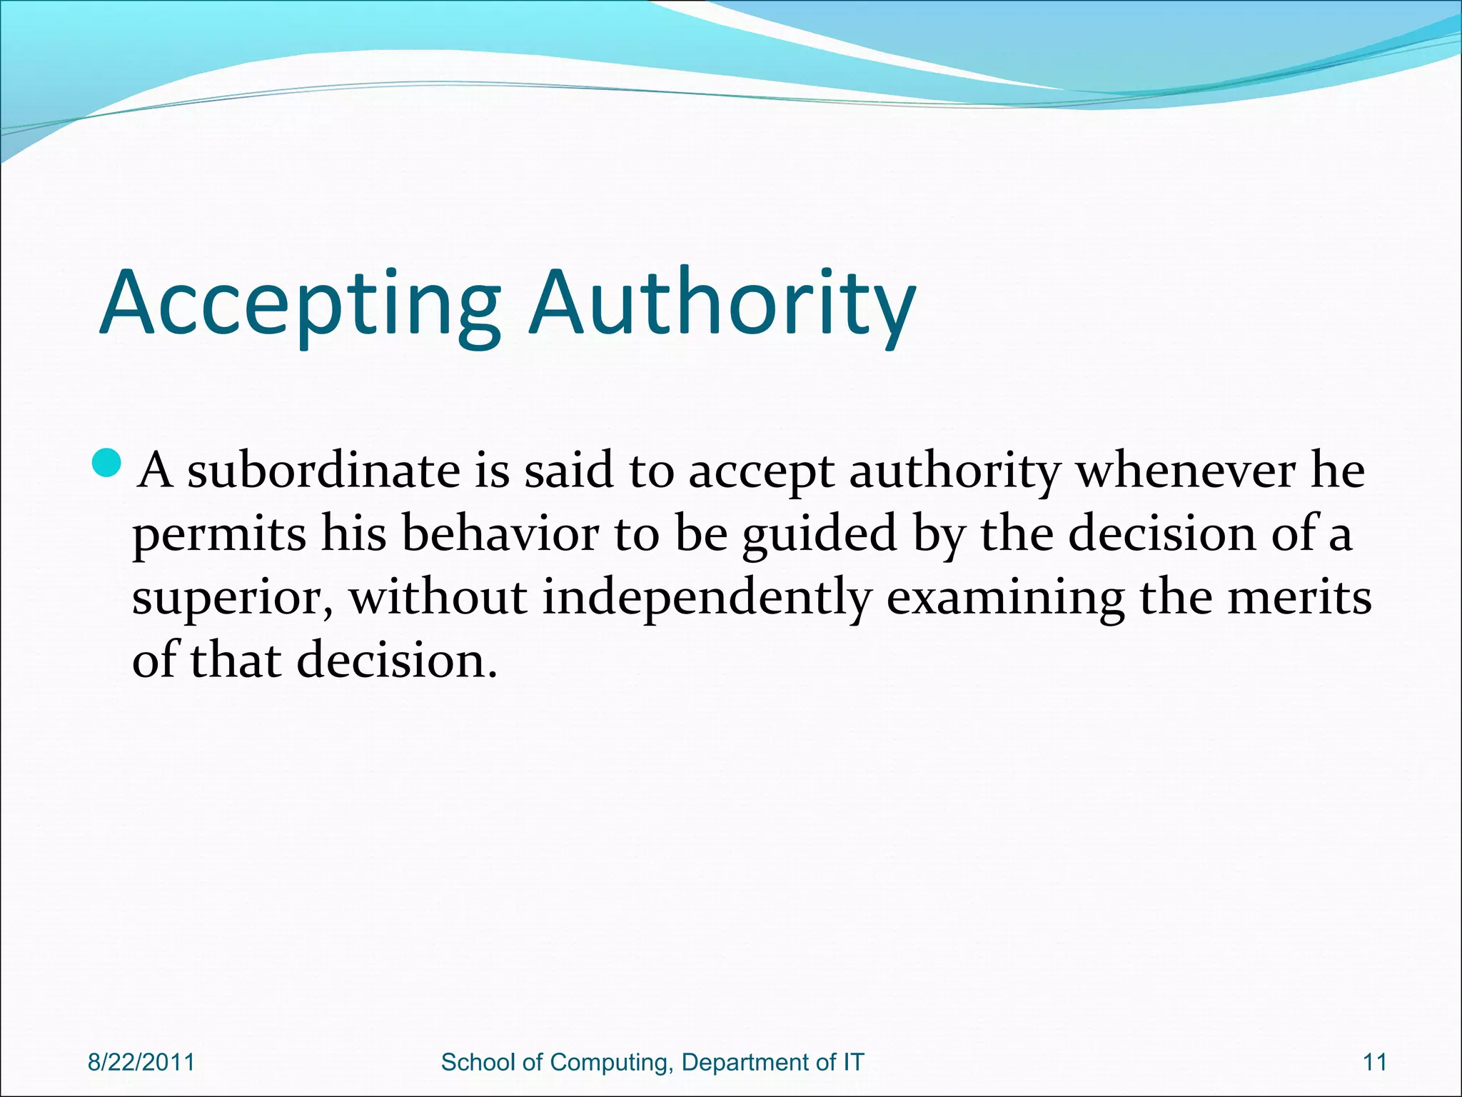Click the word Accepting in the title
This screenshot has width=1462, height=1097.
300,304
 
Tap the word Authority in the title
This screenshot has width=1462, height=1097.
722,304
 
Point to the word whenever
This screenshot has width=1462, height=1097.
1185,471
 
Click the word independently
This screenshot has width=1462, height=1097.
707,598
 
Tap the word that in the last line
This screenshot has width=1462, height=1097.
236,660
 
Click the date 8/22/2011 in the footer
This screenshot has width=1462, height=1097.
141,1062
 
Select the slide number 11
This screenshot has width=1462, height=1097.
1375,1062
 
